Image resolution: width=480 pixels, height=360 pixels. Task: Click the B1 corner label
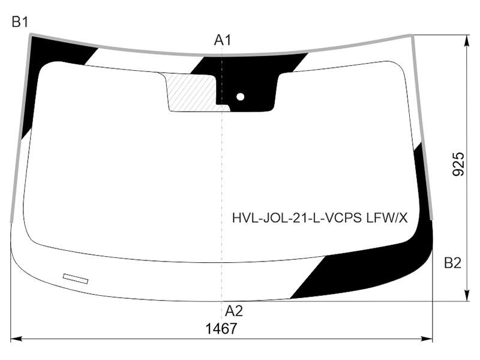(x=20, y=22)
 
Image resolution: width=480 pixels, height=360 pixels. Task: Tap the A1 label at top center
(x=223, y=40)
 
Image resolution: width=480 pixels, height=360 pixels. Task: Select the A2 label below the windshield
(x=234, y=311)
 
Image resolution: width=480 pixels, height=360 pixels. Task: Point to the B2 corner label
(x=452, y=263)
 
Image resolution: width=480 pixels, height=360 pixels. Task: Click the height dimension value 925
(x=458, y=164)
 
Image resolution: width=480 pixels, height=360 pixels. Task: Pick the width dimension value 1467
(x=221, y=329)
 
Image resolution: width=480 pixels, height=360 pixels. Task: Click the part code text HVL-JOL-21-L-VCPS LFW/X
(x=320, y=218)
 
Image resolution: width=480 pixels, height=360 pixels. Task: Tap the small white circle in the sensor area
(x=241, y=97)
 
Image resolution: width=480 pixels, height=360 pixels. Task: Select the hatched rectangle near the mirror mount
(x=193, y=92)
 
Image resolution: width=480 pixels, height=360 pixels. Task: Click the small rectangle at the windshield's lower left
(x=76, y=278)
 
